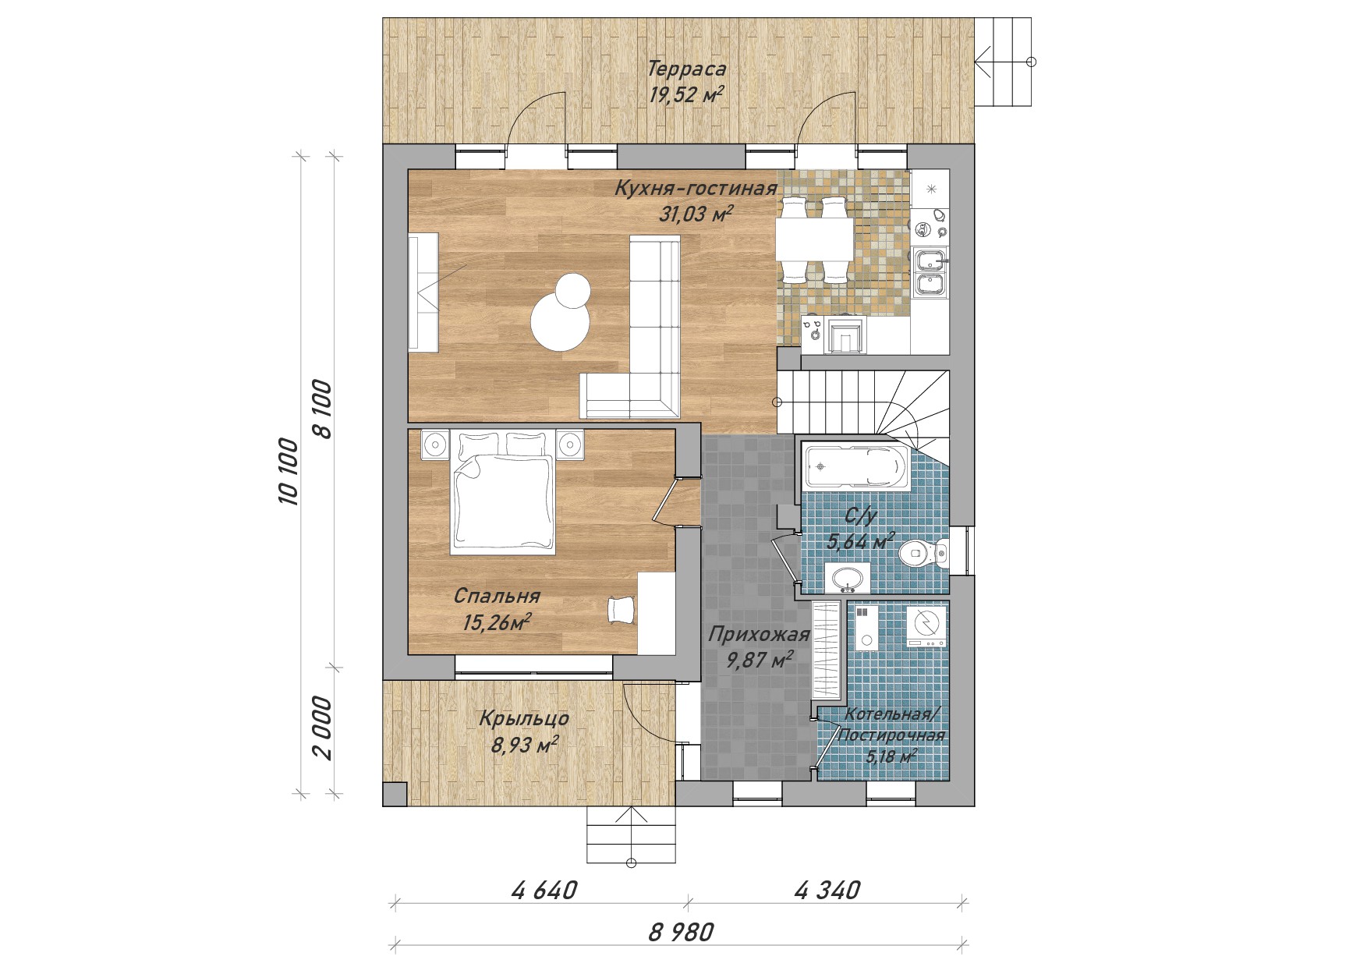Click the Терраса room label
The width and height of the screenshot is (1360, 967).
tap(687, 69)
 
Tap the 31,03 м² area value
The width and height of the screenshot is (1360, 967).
tap(696, 213)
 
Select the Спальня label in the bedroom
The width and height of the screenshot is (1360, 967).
tap(497, 597)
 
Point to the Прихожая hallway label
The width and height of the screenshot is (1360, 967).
tap(759, 635)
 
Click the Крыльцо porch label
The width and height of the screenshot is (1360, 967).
tap(524, 718)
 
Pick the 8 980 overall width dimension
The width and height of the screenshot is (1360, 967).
tap(681, 932)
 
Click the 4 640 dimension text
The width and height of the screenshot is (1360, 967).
tap(544, 890)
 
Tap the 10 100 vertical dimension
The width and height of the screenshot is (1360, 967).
tap(288, 472)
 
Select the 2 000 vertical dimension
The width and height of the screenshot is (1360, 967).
tap(322, 728)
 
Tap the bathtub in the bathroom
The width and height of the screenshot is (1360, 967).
tap(853, 467)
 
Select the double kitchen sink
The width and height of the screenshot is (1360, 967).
tap(930, 272)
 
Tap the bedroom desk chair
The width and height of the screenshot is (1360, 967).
tap(622, 609)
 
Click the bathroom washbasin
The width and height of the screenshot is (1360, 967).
tap(847, 579)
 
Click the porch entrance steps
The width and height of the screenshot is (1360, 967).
tap(632, 834)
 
